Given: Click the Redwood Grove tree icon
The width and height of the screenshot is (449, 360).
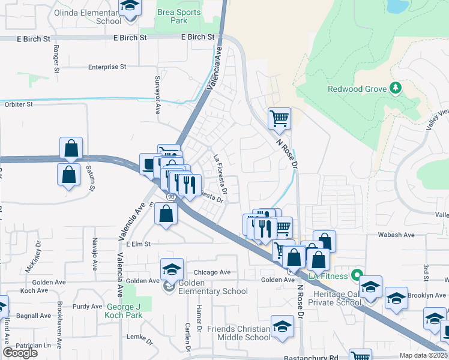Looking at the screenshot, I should [x=395, y=89].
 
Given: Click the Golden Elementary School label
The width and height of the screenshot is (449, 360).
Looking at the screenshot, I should [x=209, y=292].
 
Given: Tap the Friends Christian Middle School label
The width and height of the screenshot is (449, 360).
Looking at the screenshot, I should [x=238, y=333].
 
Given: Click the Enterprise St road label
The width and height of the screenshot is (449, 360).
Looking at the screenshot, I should [x=107, y=67].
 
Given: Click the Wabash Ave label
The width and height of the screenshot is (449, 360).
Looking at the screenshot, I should [x=393, y=236].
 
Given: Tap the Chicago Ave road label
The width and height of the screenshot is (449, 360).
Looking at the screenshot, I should [x=212, y=272].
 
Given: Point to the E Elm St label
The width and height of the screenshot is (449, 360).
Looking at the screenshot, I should [x=137, y=244].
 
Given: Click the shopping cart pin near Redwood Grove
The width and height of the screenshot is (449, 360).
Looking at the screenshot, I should [x=279, y=118].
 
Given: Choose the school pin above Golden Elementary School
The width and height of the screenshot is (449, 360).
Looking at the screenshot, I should [x=172, y=269].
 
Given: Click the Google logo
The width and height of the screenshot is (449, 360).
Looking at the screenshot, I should [x=20, y=353].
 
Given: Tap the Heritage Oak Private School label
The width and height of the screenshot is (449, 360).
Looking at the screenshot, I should [x=335, y=298].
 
